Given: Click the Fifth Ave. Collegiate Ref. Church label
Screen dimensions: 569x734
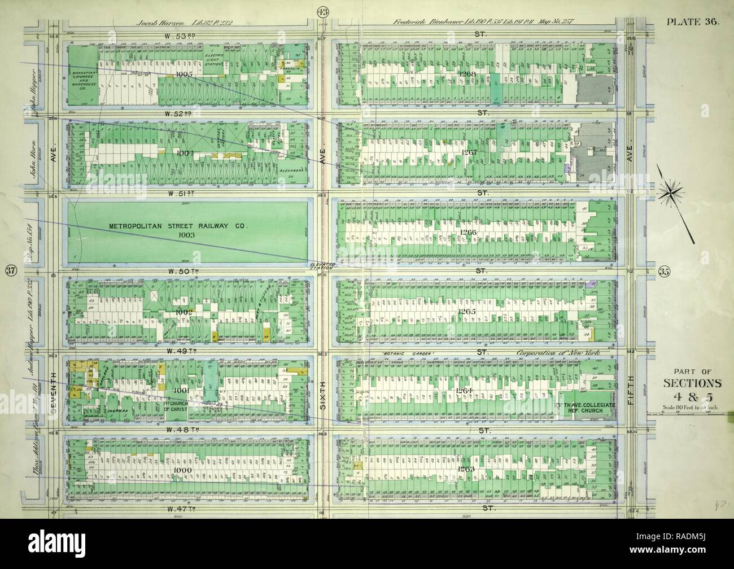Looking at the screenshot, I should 586,408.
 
